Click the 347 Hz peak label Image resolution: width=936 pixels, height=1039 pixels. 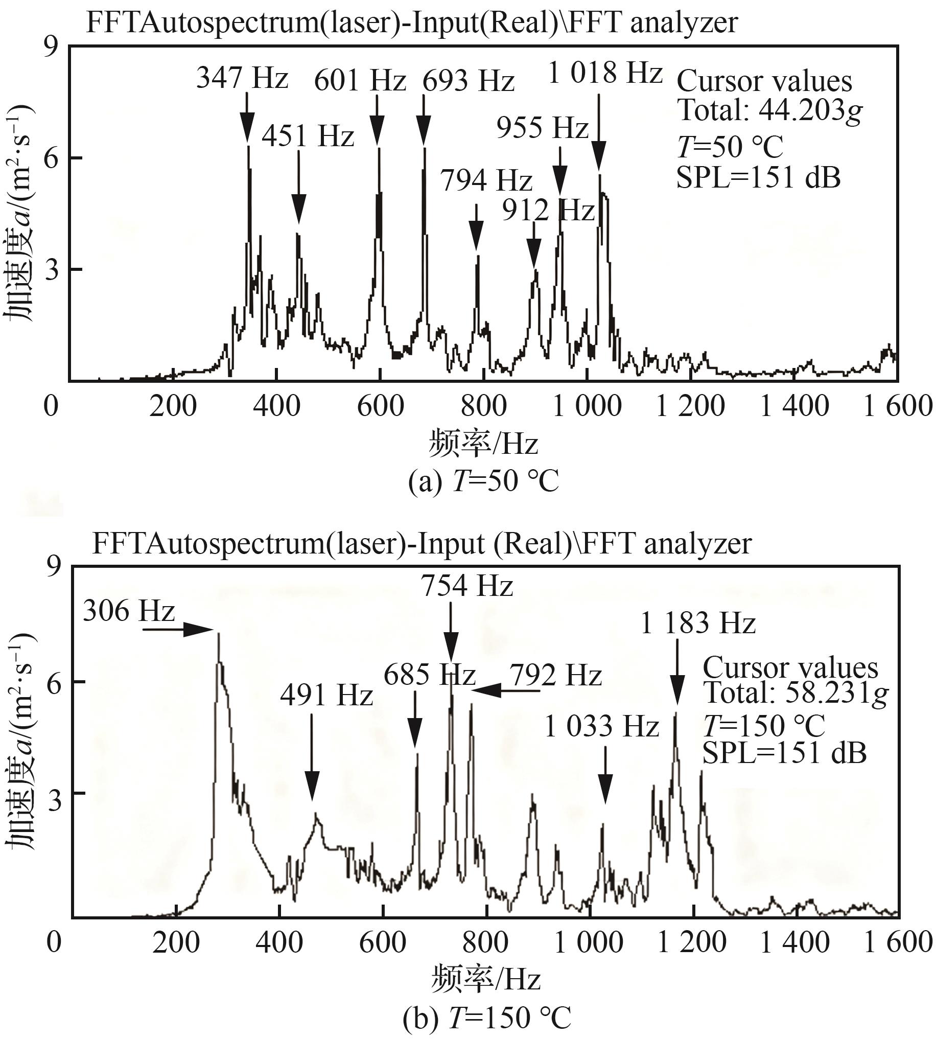[x=242, y=79]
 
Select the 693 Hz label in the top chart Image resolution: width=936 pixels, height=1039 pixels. [x=469, y=82]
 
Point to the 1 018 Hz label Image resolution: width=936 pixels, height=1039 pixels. [x=605, y=73]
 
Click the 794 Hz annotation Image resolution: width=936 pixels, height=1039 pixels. [x=486, y=180]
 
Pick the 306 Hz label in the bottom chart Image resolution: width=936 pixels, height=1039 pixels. [x=129, y=612]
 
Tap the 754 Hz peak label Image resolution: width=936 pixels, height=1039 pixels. [x=467, y=586]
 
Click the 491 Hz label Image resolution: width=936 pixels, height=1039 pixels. [x=326, y=696]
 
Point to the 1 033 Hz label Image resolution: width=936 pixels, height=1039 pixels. [x=602, y=727]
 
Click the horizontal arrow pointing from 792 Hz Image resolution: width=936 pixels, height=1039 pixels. [x=505, y=691]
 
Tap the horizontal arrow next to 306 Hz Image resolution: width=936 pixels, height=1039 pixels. [x=177, y=629]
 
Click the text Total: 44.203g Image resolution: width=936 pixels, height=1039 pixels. [x=769, y=110]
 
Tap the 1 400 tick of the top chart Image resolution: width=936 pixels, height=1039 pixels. [x=794, y=406]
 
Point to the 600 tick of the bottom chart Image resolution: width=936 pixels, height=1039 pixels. [x=383, y=943]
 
